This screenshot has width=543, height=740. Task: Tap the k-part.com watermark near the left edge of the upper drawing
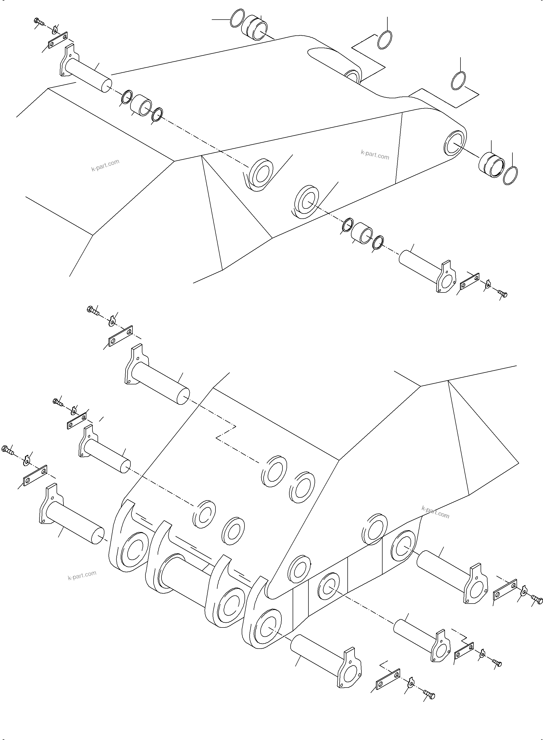105,165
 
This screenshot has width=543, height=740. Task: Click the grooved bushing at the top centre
255,27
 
